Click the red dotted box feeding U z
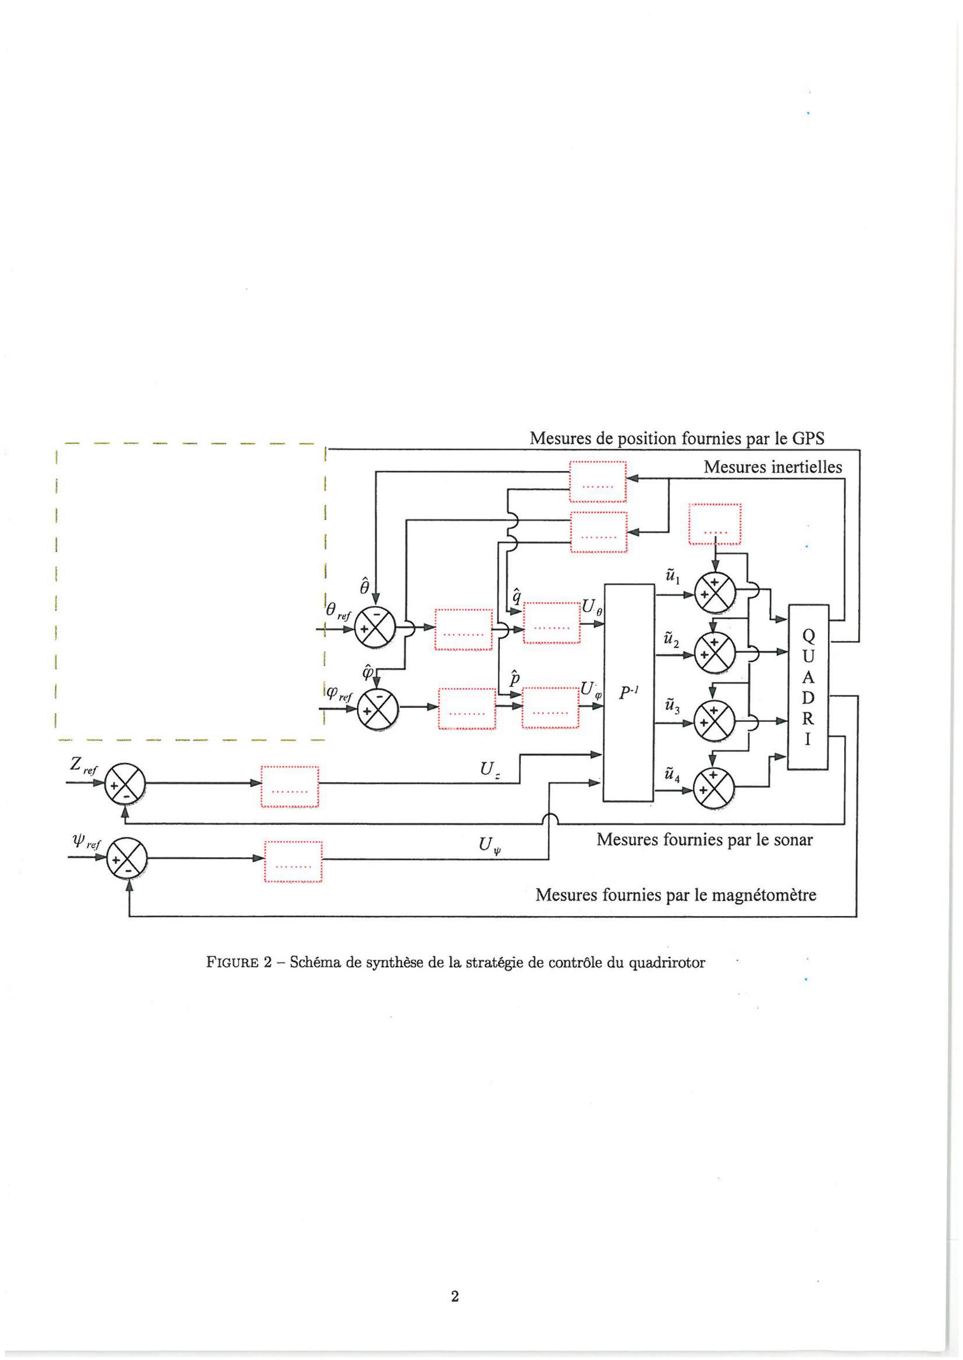point(290,786)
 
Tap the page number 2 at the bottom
point(455,1297)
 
